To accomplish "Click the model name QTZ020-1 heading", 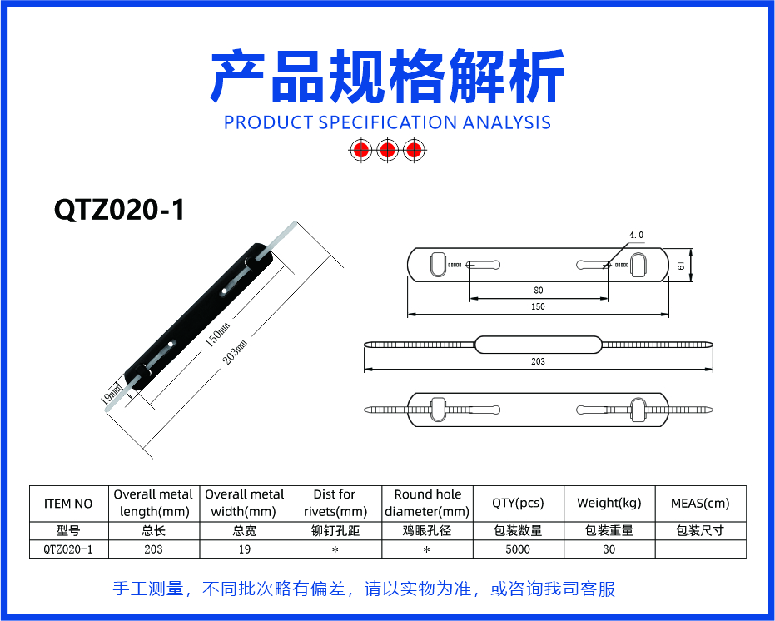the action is coord(119,210).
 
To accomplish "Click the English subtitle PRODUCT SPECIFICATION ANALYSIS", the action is coord(388,122).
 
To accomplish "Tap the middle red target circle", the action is coord(388,149).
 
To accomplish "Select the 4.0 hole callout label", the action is coord(636,236).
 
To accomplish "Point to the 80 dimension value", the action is coord(539,291).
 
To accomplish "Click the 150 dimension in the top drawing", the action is coord(538,306).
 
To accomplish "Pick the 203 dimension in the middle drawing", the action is coord(538,361).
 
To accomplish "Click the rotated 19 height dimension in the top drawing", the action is coord(681,265).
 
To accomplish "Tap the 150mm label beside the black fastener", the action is coord(217,335).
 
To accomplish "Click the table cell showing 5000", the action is coord(518,549).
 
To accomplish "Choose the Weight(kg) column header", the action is coord(609,504).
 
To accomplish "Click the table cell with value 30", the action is coord(609,549).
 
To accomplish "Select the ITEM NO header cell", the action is coord(68,504).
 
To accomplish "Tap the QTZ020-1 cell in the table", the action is coord(68,549).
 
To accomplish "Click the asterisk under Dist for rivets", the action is coord(335,549).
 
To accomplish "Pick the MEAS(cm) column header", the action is coord(700,504).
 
